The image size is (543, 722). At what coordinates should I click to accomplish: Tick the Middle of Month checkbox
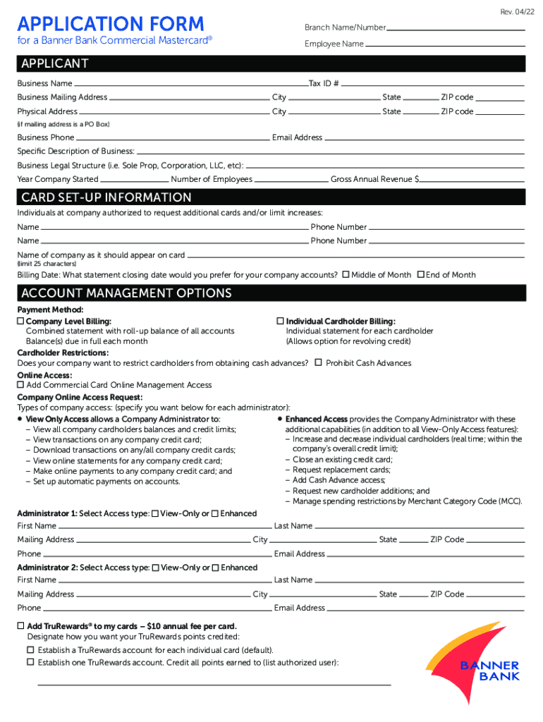pyautogui.click(x=346, y=274)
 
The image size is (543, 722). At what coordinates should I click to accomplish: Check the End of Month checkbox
pyautogui.click(x=421, y=274)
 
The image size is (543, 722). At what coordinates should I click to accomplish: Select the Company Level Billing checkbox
pyautogui.click(x=20, y=322)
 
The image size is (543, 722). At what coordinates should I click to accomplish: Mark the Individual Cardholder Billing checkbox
pyautogui.click(x=280, y=322)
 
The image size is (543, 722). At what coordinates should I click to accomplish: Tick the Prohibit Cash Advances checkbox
pyautogui.click(x=319, y=362)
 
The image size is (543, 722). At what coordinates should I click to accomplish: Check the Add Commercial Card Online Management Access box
pyautogui.click(x=20, y=385)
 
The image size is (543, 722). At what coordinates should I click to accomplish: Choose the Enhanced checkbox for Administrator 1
pyautogui.click(x=215, y=513)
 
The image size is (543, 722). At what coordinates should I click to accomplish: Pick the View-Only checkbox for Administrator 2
pyautogui.click(x=155, y=568)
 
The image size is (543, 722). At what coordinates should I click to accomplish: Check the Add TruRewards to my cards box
pyautogui.click(x=21, y=626)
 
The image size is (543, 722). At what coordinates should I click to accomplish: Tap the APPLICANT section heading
pyautogui.click(x=55, y=64)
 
